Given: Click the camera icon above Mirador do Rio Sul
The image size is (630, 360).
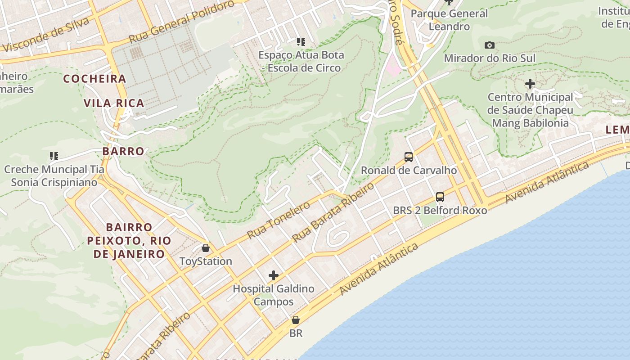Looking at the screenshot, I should coord(490,45).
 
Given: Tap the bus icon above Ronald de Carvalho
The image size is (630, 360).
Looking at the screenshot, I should coord(409,157).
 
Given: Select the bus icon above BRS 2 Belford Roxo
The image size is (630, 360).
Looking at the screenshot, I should coord(440,197).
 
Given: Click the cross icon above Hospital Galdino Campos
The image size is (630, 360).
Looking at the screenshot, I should coord(273,275).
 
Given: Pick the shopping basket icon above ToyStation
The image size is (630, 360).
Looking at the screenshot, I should coord(206,248).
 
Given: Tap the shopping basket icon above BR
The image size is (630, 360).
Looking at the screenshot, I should coord(296,320).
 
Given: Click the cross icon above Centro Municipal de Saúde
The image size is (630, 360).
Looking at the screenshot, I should coord(530,84).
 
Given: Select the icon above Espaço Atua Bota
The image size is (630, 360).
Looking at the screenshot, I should coord(301,42).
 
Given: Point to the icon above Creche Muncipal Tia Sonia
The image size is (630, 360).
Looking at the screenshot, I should coord(54,156).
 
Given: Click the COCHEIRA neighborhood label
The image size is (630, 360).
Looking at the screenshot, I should coord(94,79).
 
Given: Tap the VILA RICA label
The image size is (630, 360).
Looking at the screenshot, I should coord(114,103).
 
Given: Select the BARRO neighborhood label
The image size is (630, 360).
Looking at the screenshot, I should coord(123,151).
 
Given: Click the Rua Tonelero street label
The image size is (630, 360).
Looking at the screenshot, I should coord(279,220).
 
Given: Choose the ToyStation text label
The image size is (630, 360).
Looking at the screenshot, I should coord(206,261).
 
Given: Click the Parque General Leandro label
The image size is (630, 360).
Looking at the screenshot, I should coord(449,20).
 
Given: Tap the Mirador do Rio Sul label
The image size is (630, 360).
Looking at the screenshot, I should coord(490,58).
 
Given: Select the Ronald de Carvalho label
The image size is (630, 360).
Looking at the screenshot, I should coord(409,170).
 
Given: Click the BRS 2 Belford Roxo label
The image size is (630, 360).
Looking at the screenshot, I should coord(440,210).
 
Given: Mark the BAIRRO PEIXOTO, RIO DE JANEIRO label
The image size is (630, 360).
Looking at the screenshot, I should coord(129,241).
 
